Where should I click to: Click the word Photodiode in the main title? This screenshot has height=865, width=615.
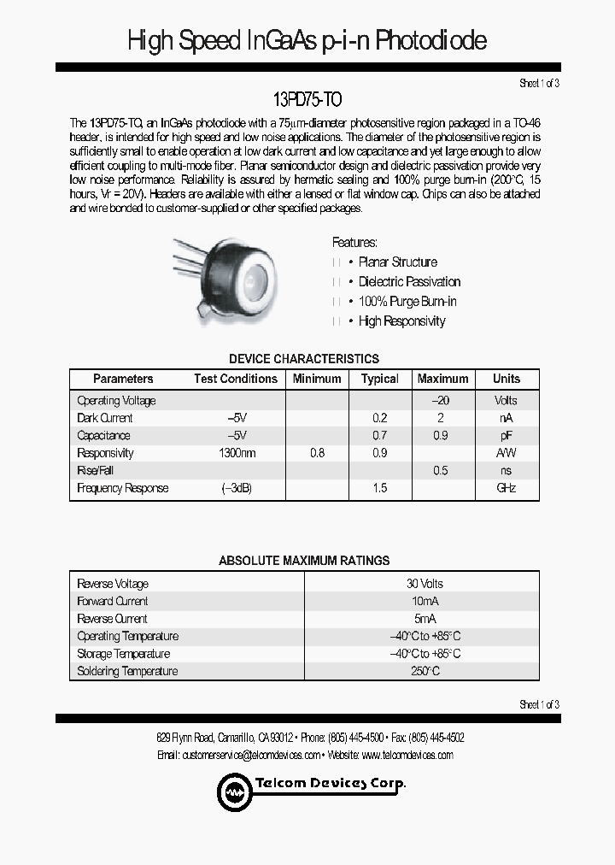(x=430, y=40)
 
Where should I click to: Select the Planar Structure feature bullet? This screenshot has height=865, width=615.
(x=397, y=262)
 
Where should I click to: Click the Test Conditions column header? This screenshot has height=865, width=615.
(x=236, y=379)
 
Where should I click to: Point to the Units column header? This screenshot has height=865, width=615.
(x=506, y=379)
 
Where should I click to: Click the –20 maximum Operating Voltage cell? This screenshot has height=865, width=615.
(x=441, y=400)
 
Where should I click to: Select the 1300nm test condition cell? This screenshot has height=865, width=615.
(x=237, y=453)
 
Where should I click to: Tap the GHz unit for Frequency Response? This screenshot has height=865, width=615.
(x=506, y=488)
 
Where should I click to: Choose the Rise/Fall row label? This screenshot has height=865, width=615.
(x=95, y=471)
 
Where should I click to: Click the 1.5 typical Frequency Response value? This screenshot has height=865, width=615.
(x=380, y=488)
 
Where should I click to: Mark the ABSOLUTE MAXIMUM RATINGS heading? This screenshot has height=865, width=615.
(x=304, y=561)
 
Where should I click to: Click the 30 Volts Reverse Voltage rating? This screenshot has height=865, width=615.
(x=425, y=584)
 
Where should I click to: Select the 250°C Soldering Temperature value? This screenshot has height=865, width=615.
(x=425, y=672)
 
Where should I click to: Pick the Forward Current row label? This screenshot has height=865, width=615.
(x=112, y=601)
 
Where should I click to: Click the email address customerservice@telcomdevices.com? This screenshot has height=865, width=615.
(x=251, y=755)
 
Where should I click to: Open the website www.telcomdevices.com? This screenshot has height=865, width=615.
(x=407, y=755)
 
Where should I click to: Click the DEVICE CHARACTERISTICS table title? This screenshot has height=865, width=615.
(x=304, y=359)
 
